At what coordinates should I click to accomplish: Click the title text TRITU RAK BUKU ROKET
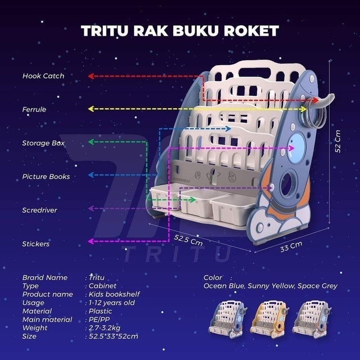pos(180,30)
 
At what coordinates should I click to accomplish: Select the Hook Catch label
pos(43,75)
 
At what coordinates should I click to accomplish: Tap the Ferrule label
pos(34,110)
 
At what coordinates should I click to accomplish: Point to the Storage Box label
pos(43,143)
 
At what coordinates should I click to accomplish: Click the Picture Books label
pos(46,177)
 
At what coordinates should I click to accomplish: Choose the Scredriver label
pos(39,210)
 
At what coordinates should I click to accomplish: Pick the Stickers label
pos(36,244)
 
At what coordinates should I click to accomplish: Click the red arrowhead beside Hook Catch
pos(91,76)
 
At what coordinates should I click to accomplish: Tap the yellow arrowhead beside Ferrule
pos(91,108)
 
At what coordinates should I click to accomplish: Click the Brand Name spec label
pos(44,277)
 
